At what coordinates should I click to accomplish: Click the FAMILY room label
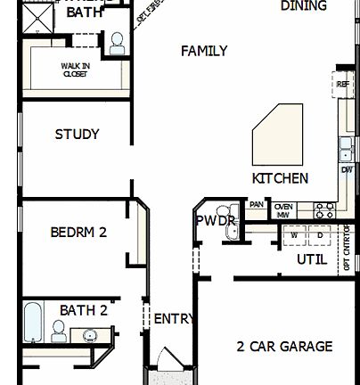click(x=203, y=52)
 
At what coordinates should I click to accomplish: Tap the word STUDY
click(x=77, y=135)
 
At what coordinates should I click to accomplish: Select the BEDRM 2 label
click(x=78, y=233)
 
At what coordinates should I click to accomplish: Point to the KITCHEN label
click(x=280, y=178)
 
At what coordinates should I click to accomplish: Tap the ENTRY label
click(x=172, y=319)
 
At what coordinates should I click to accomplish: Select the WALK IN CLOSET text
click(x=75, y=70)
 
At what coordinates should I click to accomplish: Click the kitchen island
click(x=279, y=134)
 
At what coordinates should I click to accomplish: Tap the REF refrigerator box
click(x=343, y=85)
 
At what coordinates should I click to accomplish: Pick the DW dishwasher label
click(x=347, y=169)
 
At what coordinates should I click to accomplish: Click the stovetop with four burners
click(x=324, y=210)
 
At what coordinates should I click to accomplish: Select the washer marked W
click(x=294, y=236)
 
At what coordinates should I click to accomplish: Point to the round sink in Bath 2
click(x=89, y=335)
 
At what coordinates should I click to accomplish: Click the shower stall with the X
click(x=37, y=19)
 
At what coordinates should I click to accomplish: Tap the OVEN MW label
click(x=283, y=210)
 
